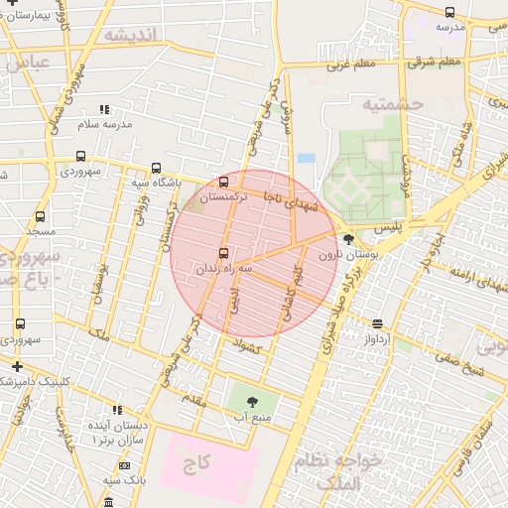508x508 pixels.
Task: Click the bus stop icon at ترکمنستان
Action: (x=223, y=182)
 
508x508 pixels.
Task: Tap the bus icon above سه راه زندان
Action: (x=223, y=252)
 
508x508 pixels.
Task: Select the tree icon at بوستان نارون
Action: (x=348, y=238)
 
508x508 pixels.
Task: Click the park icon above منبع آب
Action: (x=250, y=402)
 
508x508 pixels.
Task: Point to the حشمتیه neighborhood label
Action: (x=392, y=103)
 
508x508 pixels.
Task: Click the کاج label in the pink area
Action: (x=204, y=463)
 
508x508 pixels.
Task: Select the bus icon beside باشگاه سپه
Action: (x=156, y=168)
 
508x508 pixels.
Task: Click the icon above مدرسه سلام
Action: (x=105, y=109)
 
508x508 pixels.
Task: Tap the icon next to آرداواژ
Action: (x=377, y=323)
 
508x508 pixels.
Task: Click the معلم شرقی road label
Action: (x=436, y=63)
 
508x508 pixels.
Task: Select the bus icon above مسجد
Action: (x=40, y=216)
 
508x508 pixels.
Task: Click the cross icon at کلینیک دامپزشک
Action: (x=17, y=366)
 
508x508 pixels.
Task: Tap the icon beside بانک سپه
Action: (x=124, y=465)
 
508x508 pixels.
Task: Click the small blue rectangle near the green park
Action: (x=306, y=158)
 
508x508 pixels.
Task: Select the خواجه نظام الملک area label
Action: (x=332, y=470)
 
